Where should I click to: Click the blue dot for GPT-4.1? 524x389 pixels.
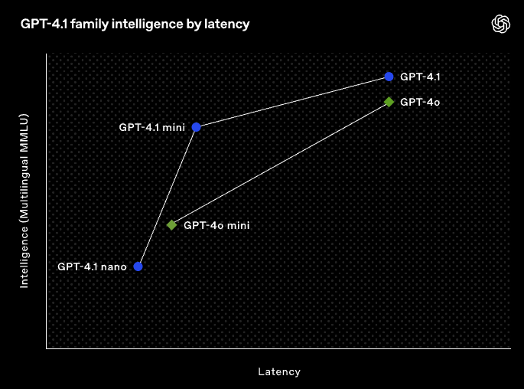389,77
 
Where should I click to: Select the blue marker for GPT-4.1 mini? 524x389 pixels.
197,127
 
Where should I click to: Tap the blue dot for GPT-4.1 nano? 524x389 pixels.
138,266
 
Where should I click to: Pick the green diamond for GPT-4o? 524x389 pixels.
389,102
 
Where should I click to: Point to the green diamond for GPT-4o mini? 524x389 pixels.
172,225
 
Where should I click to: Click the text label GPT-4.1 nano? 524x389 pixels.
92,267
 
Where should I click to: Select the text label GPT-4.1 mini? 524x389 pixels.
151,127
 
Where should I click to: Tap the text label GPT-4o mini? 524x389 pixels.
217,225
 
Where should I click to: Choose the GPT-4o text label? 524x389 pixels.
420,102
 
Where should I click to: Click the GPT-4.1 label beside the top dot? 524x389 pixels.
420,77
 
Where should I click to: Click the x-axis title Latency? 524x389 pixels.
279,372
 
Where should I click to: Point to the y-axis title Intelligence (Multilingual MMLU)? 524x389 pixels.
24,201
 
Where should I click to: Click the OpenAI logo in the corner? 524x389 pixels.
500,25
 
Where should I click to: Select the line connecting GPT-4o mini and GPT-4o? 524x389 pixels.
280,164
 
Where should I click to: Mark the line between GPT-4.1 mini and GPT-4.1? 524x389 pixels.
292,102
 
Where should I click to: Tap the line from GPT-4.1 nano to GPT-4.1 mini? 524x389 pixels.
168,197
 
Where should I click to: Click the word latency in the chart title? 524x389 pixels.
228,25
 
